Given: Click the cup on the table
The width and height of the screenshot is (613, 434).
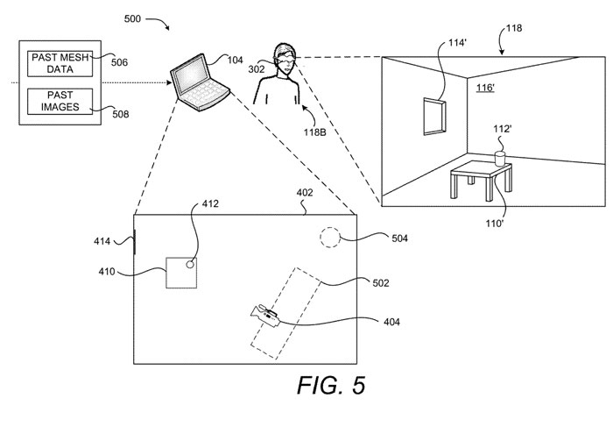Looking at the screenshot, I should click(501, 158).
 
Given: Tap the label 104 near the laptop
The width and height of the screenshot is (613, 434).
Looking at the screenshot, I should click(235, 59).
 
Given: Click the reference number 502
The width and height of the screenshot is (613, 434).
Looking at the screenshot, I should click(380, 282).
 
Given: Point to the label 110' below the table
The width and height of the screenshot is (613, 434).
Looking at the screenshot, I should click(496, 224).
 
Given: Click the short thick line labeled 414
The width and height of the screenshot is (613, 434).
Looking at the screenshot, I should click(135, 239).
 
